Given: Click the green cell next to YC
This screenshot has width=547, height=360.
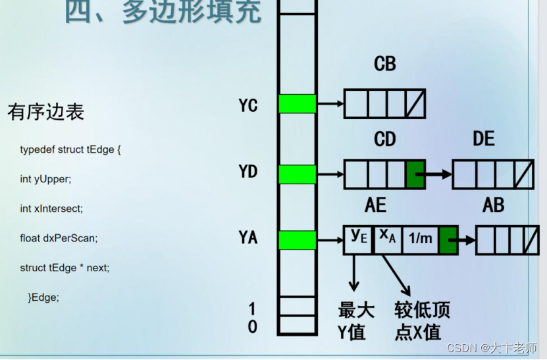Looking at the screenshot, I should pyautogui.click(x=297, y=104).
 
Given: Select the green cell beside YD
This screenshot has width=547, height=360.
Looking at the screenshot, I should pyautogui.click(x=297, y=174).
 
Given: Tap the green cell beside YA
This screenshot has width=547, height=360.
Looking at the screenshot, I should pyautogui.click(x=297, y=240).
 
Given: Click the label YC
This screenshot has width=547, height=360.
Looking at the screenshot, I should pyautogui.click(x=248, y=105).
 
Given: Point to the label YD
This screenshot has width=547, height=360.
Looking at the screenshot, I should pyautogui.click(x=248, y=172).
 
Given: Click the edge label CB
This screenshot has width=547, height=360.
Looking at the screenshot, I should pyautogui.click(x=384, y=64).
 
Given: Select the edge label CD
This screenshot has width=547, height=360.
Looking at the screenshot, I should pyautogui.click(x=384, y=139).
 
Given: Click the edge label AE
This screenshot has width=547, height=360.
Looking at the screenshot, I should pyautogui.click(x=375, y=205).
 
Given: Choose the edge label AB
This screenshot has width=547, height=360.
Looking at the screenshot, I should pyautogui.click(x=493, y=205).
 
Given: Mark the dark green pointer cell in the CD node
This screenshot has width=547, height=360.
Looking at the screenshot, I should pyautogui.click(x=415, y=174).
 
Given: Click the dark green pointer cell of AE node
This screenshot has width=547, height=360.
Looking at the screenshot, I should pyautogui.click(x=448, y=240).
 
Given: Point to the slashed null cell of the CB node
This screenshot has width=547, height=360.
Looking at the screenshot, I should pyautogui.click(x=415, y=103).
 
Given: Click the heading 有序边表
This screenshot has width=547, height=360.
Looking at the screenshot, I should pyautogui.click(x=46, y=111).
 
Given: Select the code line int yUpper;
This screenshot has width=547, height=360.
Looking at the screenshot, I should pyautogui.click(x=45, y=179).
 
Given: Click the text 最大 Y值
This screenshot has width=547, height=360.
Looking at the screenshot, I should pyautogui.click(x=355, y=321).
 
